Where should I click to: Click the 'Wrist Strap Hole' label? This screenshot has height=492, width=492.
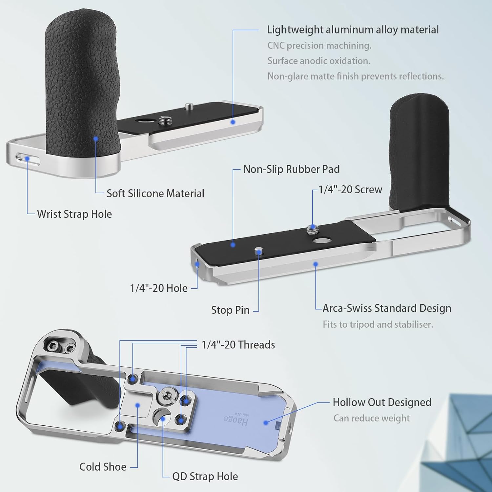coord(74,214)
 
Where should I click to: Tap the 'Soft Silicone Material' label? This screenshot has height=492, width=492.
coord(155,193)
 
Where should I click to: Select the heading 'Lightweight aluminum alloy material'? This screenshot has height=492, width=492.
coord(353,30)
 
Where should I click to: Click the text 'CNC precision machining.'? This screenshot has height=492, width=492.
coord(319,46)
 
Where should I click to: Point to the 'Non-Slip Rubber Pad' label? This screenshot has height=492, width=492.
coord(291,169)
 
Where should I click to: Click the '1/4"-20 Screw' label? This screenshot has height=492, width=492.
coord(351,189)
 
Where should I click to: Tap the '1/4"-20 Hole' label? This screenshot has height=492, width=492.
coord(159,288)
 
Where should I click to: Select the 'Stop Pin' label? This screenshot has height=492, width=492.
coord(230,310)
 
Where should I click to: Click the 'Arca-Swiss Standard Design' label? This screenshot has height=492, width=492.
coord(387,308)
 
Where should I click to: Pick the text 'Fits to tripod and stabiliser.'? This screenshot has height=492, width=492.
coord(378,324)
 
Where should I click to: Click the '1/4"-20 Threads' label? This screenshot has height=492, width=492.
coord(238,345)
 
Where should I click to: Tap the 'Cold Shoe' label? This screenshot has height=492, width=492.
coord(103,467)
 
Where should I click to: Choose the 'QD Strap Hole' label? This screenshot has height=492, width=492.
coord(205,476)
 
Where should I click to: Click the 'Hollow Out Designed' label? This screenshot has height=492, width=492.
coord(382,402)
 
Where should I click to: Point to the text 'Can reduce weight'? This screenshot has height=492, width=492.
coord(372,418)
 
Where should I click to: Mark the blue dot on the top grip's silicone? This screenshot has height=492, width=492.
coord(96,139)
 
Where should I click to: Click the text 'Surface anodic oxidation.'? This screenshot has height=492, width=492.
coord(319,61)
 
